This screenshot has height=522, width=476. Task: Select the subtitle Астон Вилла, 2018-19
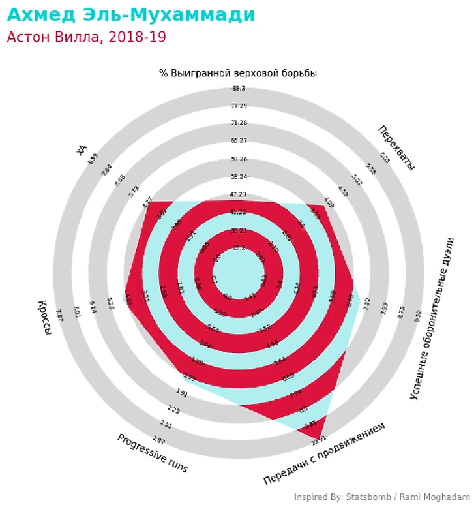point(86,37)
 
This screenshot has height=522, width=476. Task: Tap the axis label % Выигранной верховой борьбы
point(238,73)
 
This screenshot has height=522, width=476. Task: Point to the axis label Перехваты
point(396,147)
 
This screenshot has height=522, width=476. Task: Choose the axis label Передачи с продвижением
point(324,453)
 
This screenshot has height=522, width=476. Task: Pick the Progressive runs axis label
point(152,453)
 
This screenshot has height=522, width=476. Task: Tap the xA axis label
point(82,149)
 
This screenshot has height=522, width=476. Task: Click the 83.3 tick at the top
point(239,89)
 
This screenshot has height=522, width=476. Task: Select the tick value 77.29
point(239,106)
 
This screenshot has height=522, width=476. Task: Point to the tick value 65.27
point(239,141)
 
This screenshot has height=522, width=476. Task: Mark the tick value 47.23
point(239,194)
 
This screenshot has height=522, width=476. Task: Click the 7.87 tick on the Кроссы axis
point(59,314)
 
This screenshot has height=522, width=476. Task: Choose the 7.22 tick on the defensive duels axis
point(366,302)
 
